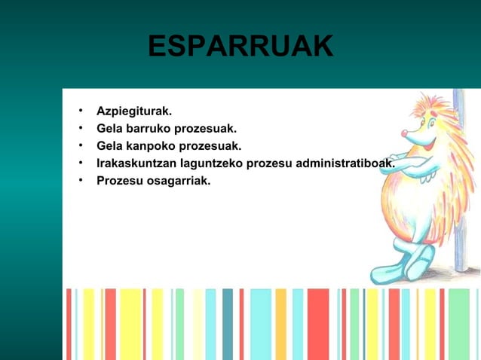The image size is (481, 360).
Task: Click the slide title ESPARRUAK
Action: pos(240,47)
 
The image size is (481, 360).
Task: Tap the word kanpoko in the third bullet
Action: pos(150,146)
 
